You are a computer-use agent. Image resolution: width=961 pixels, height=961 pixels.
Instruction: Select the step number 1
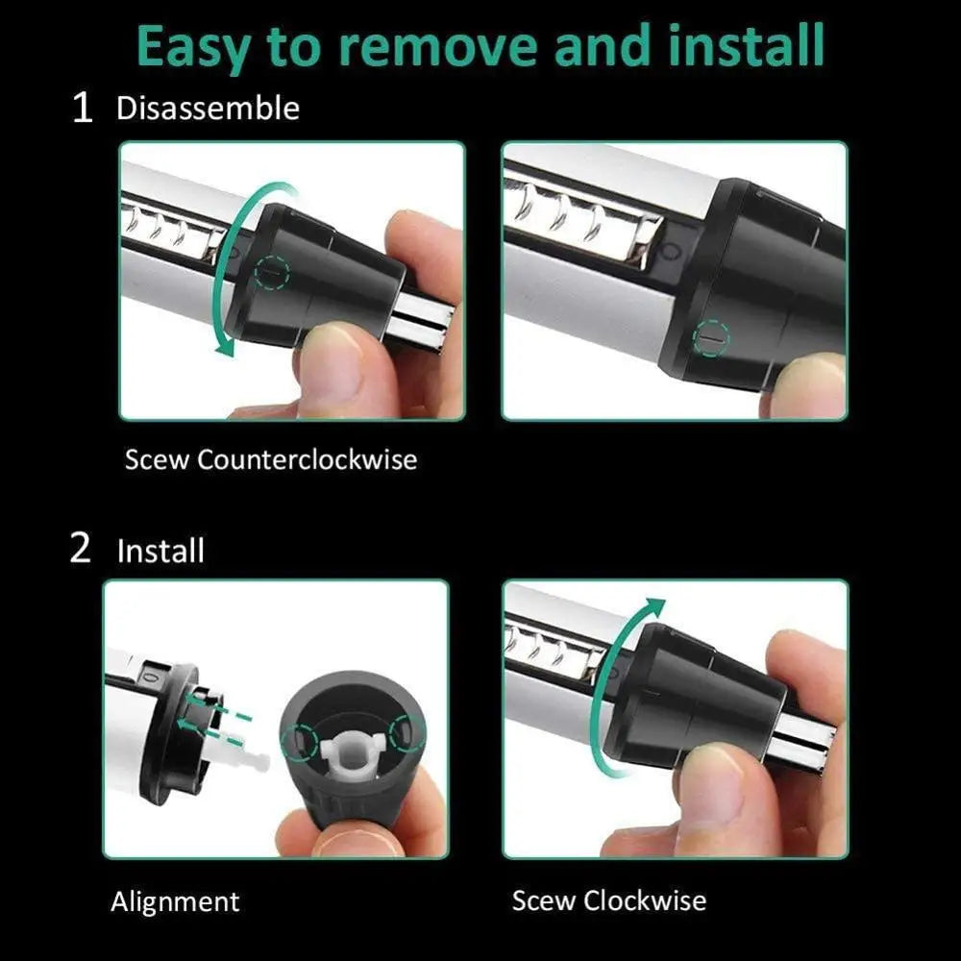[84, 109]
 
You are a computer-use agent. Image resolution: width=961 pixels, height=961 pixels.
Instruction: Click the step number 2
[82, 550]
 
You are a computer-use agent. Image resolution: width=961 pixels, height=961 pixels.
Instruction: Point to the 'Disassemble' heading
[208, 108]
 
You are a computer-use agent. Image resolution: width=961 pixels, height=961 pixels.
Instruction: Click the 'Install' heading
[160, 552]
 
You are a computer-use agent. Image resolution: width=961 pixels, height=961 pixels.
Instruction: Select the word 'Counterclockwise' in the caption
[308, 459]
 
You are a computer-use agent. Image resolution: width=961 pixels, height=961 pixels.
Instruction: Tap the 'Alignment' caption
[175, 901]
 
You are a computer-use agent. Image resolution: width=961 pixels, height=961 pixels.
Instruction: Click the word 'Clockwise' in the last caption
[645, 900]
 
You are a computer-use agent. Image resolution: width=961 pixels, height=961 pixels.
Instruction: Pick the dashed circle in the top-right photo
[712, 338]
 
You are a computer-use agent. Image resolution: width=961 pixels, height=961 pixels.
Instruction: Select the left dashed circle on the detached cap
[299, 739]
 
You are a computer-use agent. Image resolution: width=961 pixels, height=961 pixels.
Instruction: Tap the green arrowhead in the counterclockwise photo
[224, 348]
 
